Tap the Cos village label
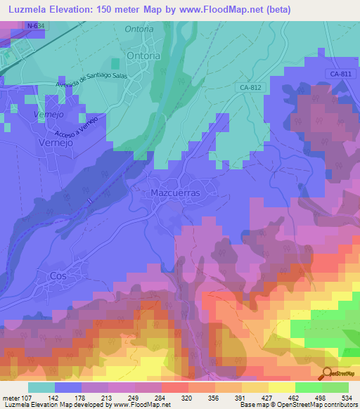click(58, 276)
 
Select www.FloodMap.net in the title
click(217, 8)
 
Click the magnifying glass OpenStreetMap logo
click(328, 374)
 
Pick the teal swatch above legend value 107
click(41, 387)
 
